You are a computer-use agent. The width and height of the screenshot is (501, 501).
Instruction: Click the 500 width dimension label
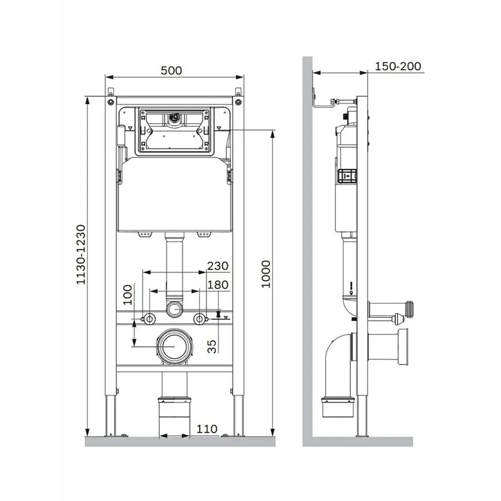click(x=171, y=70)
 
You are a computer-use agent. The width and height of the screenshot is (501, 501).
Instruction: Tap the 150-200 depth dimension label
click(x=398, y=67)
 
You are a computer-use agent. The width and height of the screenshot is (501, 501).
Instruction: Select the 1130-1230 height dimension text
click(x=81, y=255)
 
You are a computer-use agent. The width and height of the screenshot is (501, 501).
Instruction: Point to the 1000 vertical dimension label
click(x=266, y=274)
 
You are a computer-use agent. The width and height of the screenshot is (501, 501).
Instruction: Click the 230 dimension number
click(x=218, y=266)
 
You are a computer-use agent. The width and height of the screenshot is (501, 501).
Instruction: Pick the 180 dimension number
click(x=218, y=285)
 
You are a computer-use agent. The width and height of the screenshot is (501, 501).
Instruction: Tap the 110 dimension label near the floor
click(x=207, y=429)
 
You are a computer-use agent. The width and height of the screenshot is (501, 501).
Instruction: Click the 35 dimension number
click(x=212, y=347)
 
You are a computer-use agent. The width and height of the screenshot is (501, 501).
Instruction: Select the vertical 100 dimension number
click(x=127, y=295)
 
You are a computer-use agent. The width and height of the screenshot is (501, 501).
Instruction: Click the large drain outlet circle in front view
click(x=174, y=346)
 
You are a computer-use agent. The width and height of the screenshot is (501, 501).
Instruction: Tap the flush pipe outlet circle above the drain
click(x=174, y=309)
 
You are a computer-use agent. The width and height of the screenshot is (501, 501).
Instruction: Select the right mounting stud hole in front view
click(x=199, y=319)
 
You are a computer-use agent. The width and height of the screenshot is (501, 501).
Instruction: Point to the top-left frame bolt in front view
click(x=111, y=102)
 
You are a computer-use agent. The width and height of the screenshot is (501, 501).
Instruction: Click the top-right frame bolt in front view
click(x=238, y=102)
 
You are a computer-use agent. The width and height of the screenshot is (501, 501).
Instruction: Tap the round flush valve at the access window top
click(x=174, y=118)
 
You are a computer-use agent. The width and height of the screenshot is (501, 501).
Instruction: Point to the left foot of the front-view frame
click(x=110, y=415)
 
